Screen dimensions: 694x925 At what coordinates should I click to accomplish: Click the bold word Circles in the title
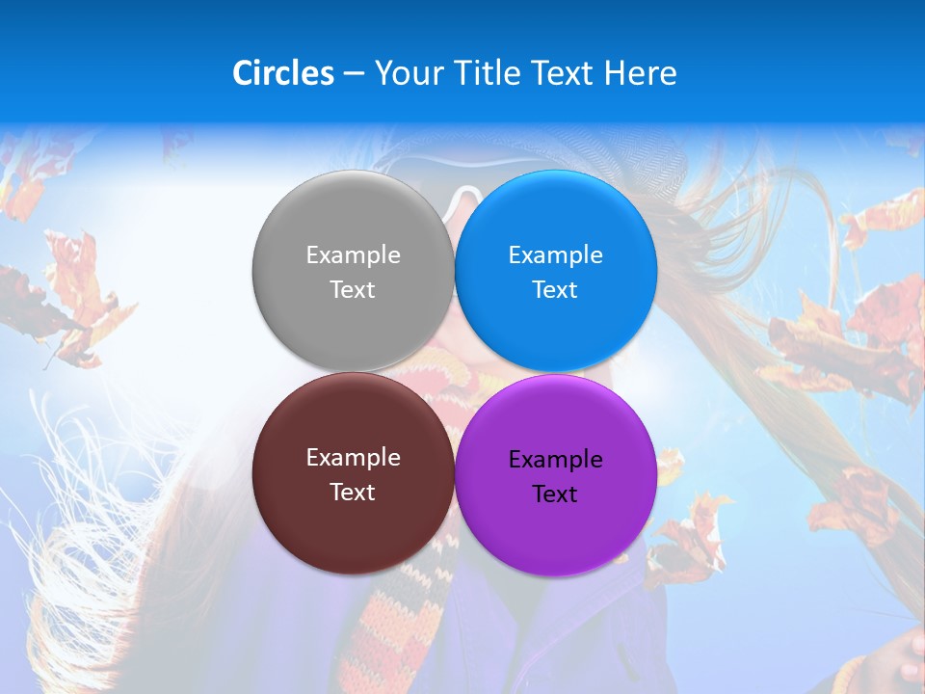coord(283,73)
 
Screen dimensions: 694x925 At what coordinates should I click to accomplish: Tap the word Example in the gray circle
coord(353,255)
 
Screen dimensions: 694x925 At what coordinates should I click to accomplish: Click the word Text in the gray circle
coord(353,290)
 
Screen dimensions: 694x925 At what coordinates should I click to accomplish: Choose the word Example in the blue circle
coord(555,255)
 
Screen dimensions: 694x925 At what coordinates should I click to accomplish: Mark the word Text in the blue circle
coord(555,290)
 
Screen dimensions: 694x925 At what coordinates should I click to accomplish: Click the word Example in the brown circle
coord(353,458)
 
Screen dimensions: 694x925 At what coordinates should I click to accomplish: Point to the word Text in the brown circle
coord(353,493)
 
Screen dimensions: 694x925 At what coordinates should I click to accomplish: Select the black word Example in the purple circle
coord(555,460)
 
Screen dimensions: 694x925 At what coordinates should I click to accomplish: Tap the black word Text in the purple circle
coord(555,494)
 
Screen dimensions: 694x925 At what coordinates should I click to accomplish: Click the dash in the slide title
coord(354,74)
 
